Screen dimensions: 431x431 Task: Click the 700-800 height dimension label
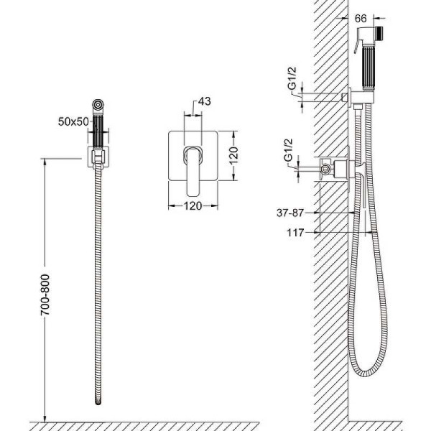pos(45,295)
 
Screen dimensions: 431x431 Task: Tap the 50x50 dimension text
pos(73,121)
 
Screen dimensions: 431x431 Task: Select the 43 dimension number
pos(205,101)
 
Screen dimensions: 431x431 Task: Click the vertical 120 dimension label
pos(233,156)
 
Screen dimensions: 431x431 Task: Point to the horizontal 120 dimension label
pos(193,206)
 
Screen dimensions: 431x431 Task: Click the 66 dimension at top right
pos(361,19)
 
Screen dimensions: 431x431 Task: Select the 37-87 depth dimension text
pos(290,213)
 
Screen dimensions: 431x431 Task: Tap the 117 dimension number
pos(295,233)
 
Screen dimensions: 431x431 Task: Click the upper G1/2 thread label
pos(292,78)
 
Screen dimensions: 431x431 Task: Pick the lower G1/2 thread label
pos(288,150)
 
